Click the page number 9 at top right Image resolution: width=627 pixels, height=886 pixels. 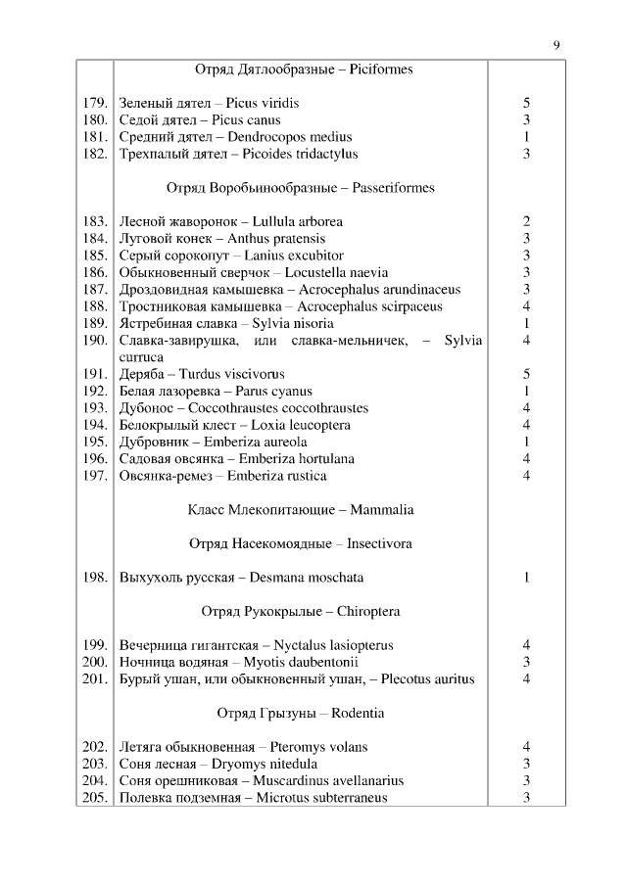(x=556, y=44)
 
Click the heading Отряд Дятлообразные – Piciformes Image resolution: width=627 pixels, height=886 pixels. (x=304, y=70)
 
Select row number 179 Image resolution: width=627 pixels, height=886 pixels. (x=94, y=103)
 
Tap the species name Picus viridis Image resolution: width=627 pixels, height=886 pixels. (x=263, y=103)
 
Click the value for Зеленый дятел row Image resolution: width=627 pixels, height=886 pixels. (x=526, y=103)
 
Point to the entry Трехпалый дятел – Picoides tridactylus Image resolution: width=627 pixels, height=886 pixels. (x=238, y=154)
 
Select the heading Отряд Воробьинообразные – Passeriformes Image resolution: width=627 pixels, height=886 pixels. (x=301, y=187)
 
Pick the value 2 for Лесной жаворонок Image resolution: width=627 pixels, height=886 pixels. (x=526, y=221)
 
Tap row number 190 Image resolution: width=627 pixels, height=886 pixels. (x=94, y=341)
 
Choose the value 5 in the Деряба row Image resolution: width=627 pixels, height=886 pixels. (x=526, y=374)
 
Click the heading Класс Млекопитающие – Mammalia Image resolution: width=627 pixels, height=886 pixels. (x=301, y=509)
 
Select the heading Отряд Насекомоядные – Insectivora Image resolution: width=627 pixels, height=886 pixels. (x=301, y=543)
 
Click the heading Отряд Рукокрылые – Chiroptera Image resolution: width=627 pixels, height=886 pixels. (x=301, y=612)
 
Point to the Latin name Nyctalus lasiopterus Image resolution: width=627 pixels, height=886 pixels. (x=340, y=645)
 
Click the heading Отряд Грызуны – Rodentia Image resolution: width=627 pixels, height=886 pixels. (x=301, y=713)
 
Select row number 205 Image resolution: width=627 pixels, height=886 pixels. (x=94, y=798)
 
